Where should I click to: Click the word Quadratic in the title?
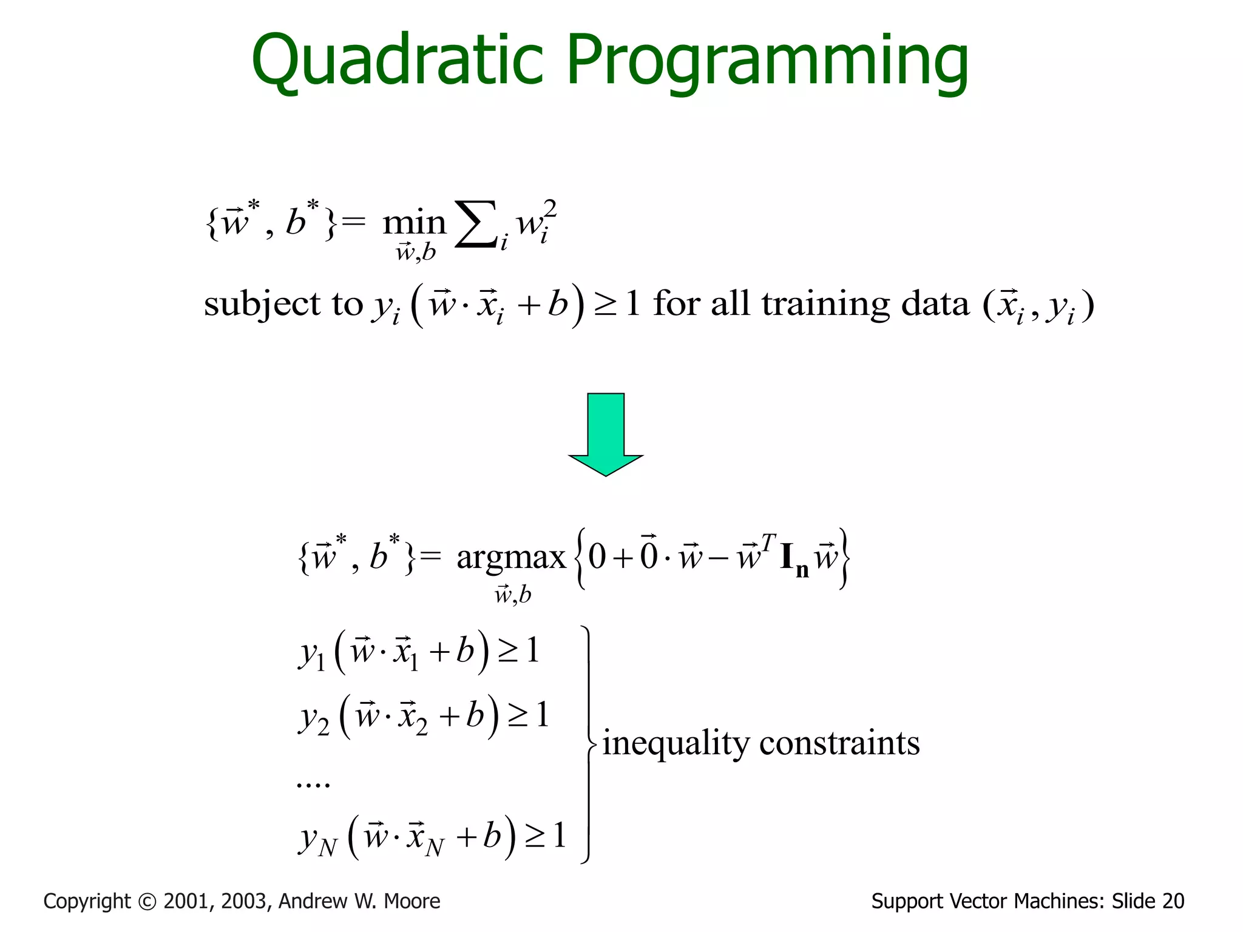(398, 61)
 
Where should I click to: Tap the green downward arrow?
(606, 434)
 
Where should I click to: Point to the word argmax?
(511, 557)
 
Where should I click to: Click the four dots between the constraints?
(313, 784)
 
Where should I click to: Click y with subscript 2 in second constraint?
(314, 718)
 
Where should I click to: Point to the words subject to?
(283, 303)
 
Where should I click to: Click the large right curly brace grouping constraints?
(588, 744)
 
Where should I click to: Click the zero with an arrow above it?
(649, 553)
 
